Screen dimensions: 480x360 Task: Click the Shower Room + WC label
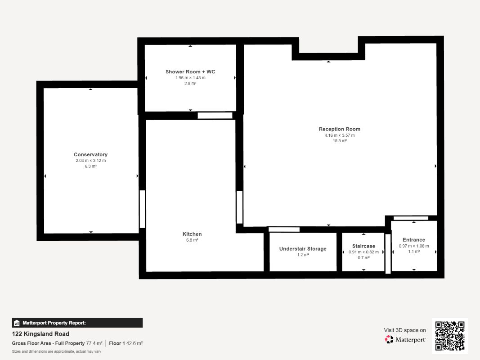click(190, 72)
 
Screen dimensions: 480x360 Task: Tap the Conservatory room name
click(90, 155)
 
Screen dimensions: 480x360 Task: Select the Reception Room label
click(340, 129)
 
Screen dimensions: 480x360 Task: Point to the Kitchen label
click(192, 234)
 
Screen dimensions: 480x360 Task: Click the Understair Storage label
click(303, 249)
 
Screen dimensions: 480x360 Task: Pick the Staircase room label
click(363, 246)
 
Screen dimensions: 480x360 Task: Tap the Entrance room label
click(414, 240)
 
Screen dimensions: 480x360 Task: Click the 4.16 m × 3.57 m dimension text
click(340, 135)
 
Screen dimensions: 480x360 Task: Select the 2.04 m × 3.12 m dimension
click(90, 161)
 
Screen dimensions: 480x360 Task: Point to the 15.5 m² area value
click(340, 141)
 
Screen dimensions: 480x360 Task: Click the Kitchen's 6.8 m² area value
click(192, 240)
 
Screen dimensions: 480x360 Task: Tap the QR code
click(450, 336)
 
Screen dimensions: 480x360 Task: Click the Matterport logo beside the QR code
click(405, 339)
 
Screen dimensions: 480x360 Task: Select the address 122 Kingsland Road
click(40, 334)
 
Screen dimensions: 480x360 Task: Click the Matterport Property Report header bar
click(77, 323)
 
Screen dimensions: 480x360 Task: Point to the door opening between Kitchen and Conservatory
click(142, 209)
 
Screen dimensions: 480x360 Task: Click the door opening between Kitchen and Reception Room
click(239, 207)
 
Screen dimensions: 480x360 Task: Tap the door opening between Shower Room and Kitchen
click(215, 116)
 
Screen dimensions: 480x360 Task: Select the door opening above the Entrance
click(411, 218)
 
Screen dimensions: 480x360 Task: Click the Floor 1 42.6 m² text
click(126, 343)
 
